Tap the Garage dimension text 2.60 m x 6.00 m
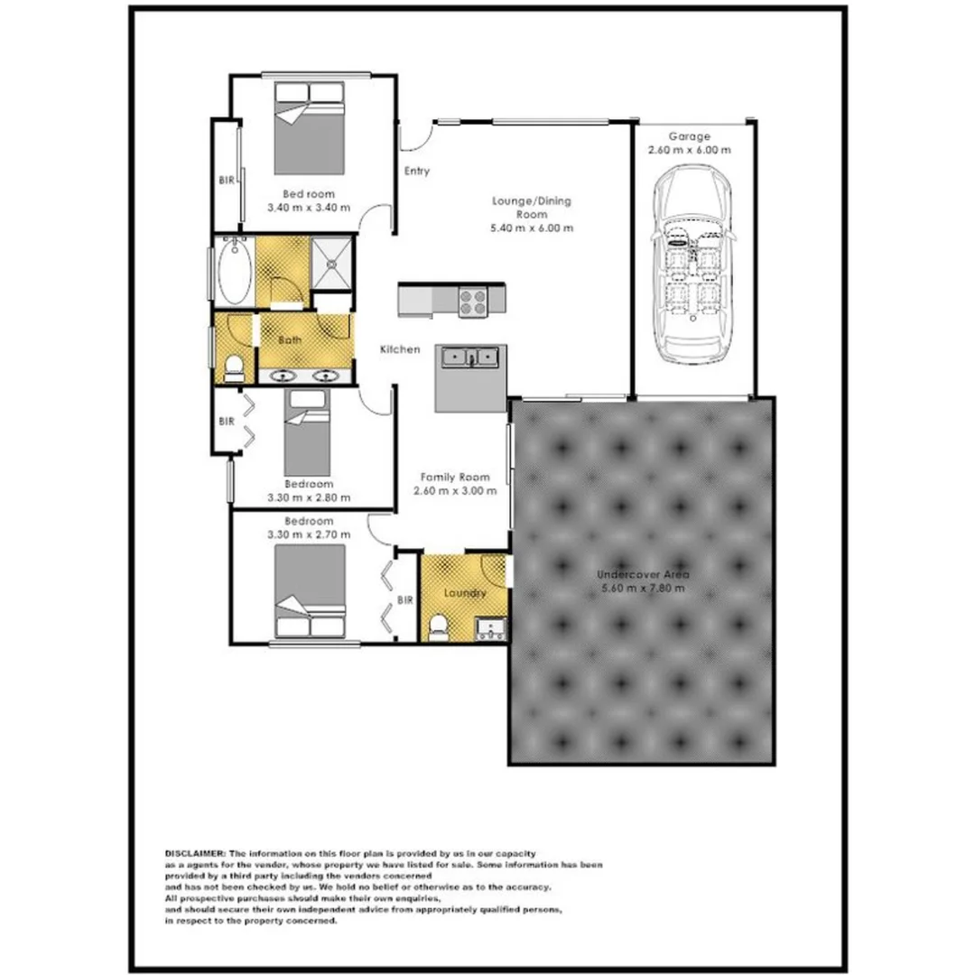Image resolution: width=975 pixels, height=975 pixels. [x=689, y=151]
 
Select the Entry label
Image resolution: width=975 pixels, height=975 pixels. [x=416, y=172]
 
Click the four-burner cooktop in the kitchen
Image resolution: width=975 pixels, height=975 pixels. [x=473, y=301]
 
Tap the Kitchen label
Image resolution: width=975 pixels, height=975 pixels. [x=399, y=349]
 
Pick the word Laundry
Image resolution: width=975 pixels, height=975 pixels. [x=465, y=593]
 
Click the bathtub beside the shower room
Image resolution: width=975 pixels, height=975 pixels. [x=234, y=271]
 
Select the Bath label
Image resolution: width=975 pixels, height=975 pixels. [x=289, y=340]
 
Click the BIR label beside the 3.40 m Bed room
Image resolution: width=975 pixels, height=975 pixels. [x=226, y=181]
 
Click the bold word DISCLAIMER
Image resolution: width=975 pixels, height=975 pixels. [x=196, y=853]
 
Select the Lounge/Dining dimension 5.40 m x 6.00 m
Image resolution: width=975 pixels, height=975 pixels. [x=532, y=228]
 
